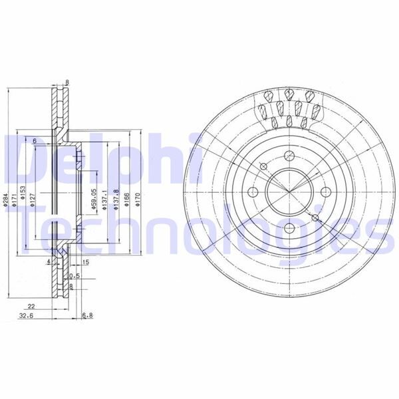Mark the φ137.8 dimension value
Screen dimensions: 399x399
pos(117,199)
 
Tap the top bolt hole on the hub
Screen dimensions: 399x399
pos(289,156)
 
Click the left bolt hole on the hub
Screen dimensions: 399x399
pos(253,192)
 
